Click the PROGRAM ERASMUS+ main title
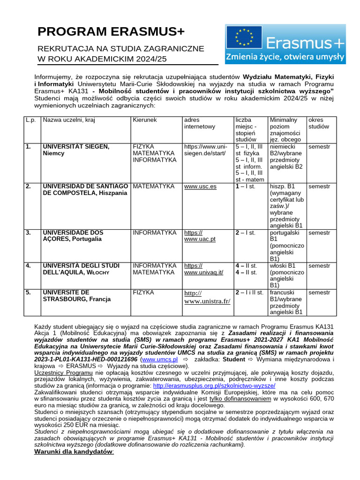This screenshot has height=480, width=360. pyautogui.click(x=111, y=32)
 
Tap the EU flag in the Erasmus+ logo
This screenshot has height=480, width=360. pyautogui.click(x=244, y=38)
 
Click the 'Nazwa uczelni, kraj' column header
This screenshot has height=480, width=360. pyautogui.click(x=69, y=120)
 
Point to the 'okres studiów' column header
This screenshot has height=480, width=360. pyautogui.click(x=319, y=123)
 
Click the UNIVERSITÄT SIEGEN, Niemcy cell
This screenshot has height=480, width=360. pyautogui.click(x=76, y=150)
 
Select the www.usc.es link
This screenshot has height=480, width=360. pyautogui.click(x=200, y=187)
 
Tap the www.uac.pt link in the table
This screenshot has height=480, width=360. pyautogui.click(x=200, y=236)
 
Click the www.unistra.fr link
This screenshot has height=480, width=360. pyautogui.click(x=207, y=297)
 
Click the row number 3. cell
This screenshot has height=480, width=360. pyautogui.click(x=29, y=232)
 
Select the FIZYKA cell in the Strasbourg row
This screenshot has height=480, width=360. pyautogui.click(x=143, y=292)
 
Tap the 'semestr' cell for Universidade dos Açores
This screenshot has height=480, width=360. pyautogui.click(x=319, y=232)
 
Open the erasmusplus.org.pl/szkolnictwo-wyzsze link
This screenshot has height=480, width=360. pyautogui.click(x=214, y=385)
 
